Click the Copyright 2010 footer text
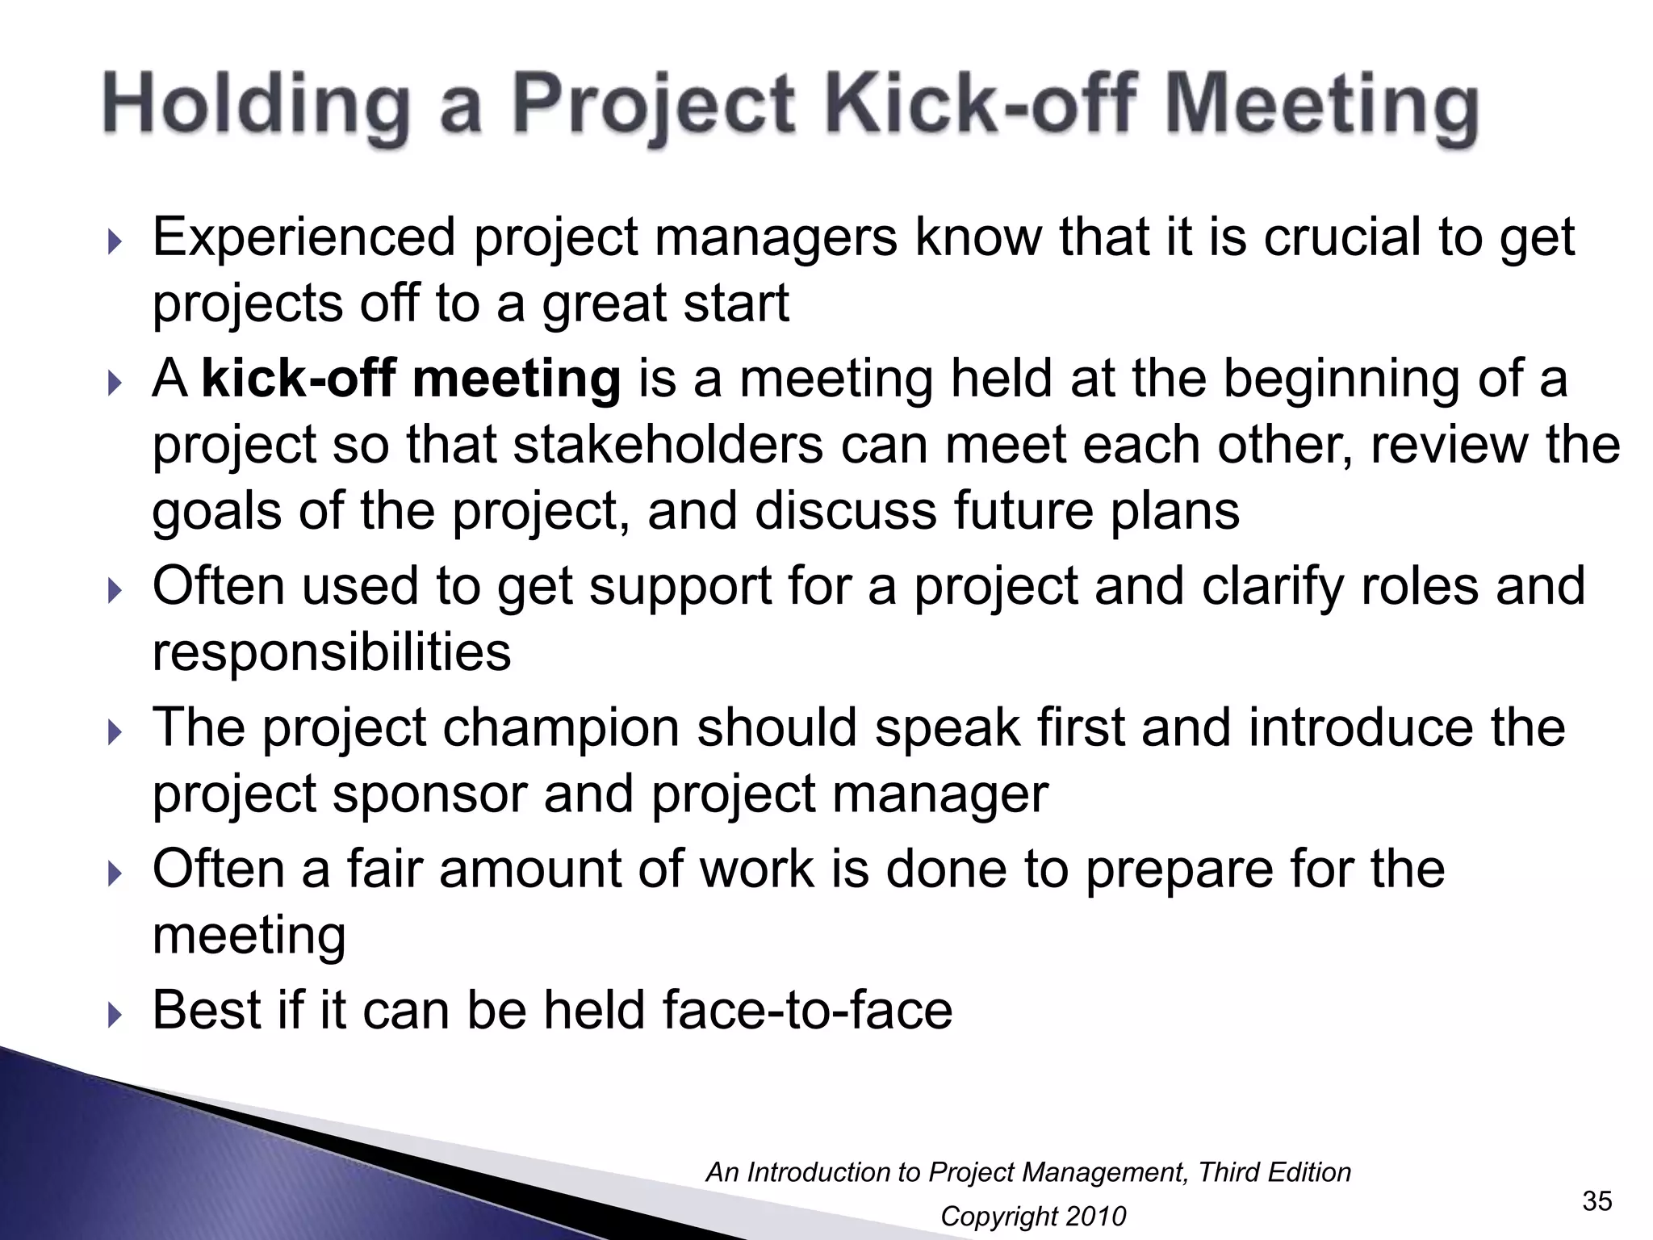[x=1032, y=1216]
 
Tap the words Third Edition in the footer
[x=1274, y=1172]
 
